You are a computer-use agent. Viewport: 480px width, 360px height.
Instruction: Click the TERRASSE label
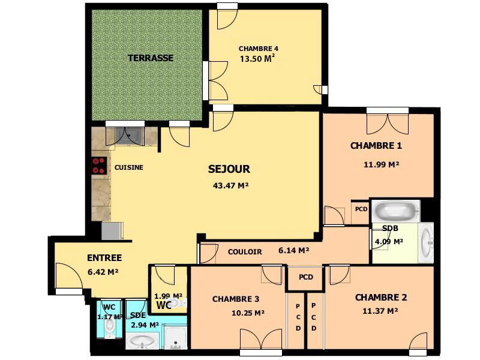150,58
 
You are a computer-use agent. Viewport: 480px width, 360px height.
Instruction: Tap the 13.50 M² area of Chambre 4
257,59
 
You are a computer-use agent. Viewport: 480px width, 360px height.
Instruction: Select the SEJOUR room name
229,169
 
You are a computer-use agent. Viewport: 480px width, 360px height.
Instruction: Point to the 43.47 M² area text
230,186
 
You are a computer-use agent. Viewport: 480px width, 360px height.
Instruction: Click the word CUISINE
129,167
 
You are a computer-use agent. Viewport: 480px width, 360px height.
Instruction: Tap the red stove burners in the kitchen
99,165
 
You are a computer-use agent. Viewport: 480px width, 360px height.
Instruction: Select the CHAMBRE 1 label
376,146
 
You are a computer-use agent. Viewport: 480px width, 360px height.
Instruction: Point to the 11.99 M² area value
382,164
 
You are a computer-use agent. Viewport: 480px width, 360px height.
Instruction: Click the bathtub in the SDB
395,211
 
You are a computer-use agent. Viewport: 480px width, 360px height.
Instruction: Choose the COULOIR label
245,252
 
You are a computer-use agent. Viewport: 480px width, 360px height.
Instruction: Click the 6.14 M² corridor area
294,251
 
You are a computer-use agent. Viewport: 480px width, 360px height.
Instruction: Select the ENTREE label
104,258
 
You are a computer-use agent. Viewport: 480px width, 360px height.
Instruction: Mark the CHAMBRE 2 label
381,298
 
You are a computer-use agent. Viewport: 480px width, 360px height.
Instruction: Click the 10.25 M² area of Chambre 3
248,313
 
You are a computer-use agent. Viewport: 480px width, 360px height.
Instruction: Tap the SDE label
138,315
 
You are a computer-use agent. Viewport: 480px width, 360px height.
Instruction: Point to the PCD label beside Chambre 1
361,209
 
